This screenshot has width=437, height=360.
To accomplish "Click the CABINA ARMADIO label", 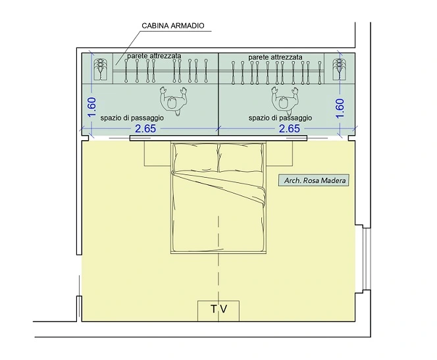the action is [173, 26].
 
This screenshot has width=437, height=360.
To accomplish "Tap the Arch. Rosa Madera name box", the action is [314, 180].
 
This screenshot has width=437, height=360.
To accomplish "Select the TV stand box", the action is [218, 311].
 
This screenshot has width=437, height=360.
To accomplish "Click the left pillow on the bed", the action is [195, 158].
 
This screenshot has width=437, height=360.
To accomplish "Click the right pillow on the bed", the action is [240, 158].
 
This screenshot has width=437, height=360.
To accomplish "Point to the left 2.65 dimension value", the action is [145, 129].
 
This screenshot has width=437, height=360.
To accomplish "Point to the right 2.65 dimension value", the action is [290, 129].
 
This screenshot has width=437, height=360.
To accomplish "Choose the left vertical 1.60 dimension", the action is [91, 107].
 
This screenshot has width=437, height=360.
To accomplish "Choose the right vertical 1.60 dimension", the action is [340, 109].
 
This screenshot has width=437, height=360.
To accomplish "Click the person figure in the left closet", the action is [173, 101].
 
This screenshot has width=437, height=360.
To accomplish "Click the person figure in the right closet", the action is [284, 101].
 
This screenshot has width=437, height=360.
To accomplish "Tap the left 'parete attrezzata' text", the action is [154, 56].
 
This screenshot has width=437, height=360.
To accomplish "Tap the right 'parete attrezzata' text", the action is [275, 57].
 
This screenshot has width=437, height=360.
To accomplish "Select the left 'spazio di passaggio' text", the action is [132, 118].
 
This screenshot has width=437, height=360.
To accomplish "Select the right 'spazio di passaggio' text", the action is [280, 118].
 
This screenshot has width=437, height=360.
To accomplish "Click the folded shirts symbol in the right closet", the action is [339, 69].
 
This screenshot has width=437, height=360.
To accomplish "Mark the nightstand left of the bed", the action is [157, 153].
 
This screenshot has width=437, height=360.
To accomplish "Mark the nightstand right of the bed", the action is [280, 153].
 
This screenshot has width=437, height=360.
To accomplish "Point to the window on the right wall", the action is [367, 259].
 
